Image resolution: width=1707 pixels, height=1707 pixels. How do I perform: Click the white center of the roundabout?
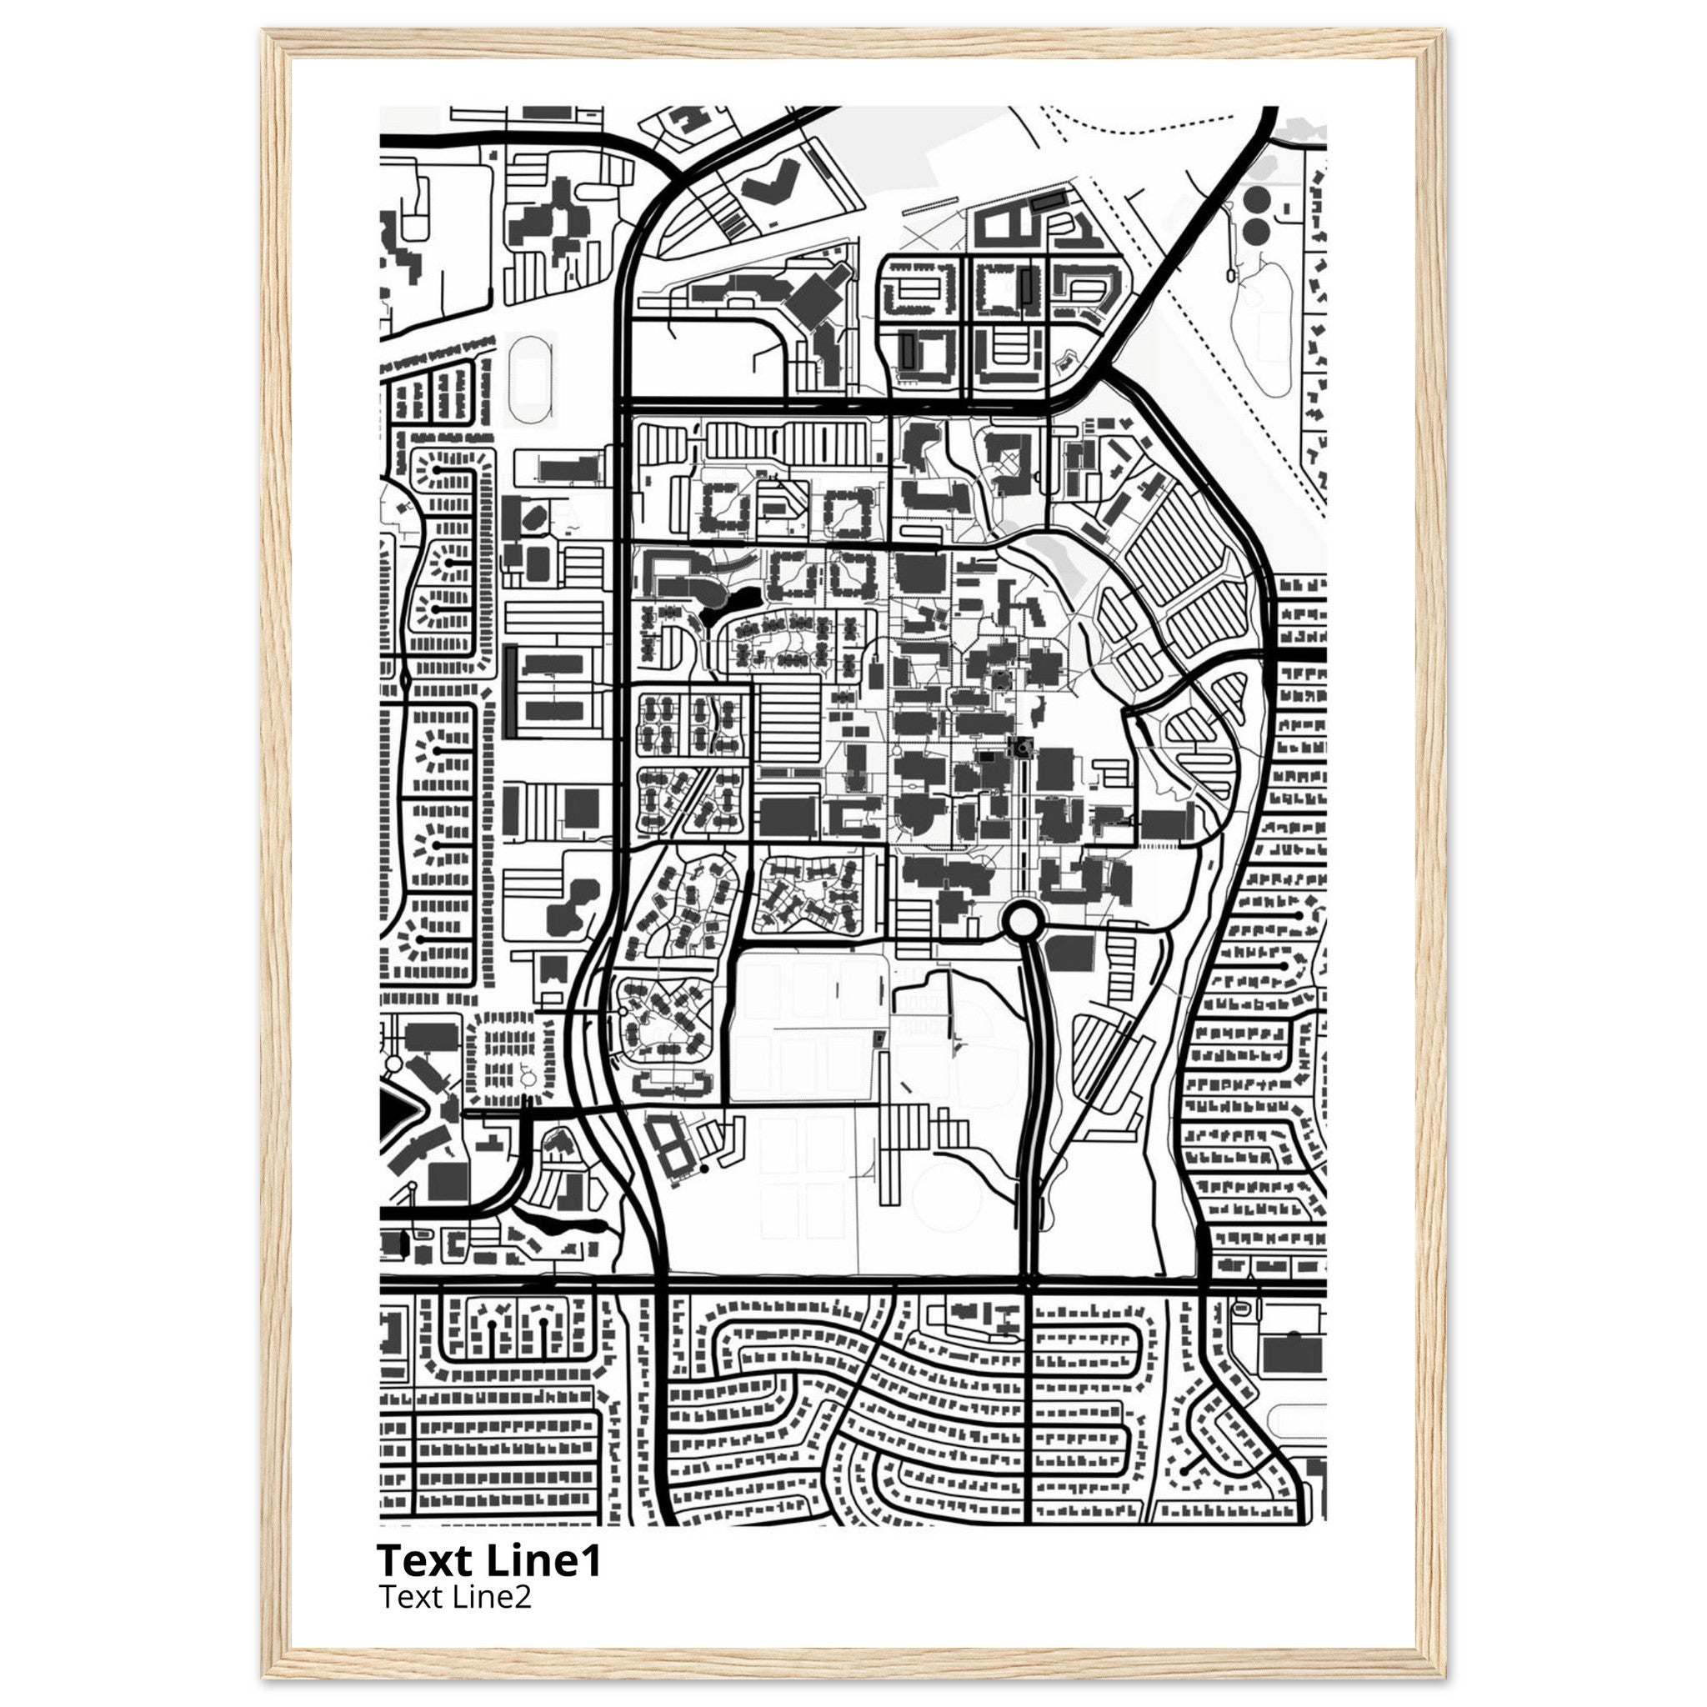pyautogui.click(x=1022, y=922)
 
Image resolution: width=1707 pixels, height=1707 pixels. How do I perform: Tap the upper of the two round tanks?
pyautogui.click(x=1255, y=197)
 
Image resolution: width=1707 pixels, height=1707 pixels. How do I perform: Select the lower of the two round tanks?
pyautogui.click(x=1255, y=232)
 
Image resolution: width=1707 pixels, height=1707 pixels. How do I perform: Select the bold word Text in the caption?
pyautogui.click(x=427, y=1561)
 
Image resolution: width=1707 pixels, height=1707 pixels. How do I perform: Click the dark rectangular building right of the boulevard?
pyautogui.click(x=1070, y=954)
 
